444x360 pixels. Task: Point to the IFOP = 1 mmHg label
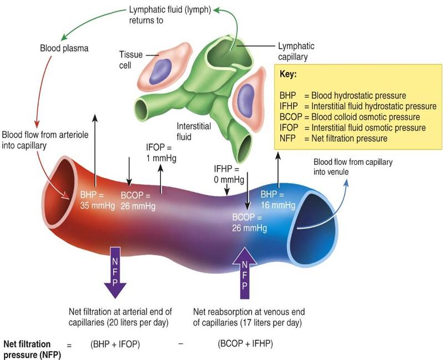pos(159,153)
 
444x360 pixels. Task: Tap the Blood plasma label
pos(64,48)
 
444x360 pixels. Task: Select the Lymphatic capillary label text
pos(294,52)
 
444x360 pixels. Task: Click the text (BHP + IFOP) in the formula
pos(115,344)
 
